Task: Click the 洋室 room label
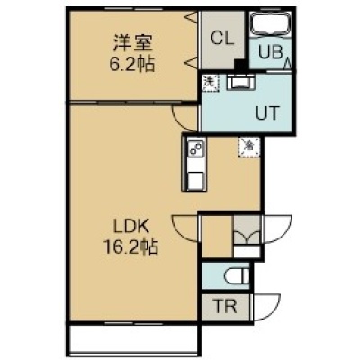[x=133, y=43]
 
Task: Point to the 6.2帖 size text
[x=132, y=64]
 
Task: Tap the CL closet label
[x=222, y=38]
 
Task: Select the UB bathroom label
[x=270, y=53]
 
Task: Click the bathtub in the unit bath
[x=271, y=24]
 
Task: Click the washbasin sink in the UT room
[x=240, y=82]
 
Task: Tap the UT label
[x=267, y=113]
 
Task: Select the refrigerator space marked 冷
[x=249, y=147]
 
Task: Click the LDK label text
[x=131, y=228]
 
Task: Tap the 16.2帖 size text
[x=130, y=247]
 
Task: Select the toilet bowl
[x=237, y=276]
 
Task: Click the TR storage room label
[x=226, y=306]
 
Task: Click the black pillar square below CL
[x=240, y=65]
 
